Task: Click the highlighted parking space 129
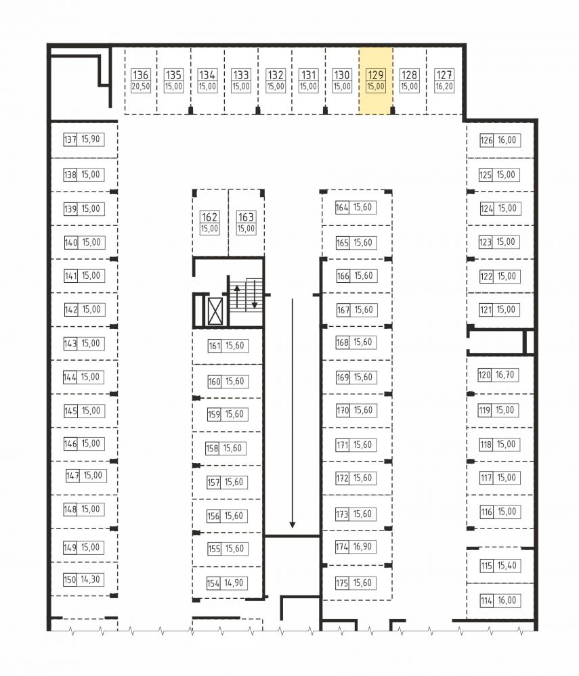click(x=376, y=81)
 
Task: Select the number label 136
click(x=141, y=75)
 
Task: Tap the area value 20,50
click(x=141, y=86)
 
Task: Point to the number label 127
click(x=444, y=75)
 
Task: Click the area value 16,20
click(x=444, y=86)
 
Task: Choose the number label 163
click(x=246, y=217)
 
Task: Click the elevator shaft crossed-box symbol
click(x=215, y=311)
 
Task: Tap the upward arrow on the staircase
click(x=236, y=296)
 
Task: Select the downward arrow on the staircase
click(x=255, y=294)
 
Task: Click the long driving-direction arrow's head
click(x=293, y=524)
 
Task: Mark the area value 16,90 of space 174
click(x=362, y=547)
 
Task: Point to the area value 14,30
click(x=90, y=579)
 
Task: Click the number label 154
click(x=213, y=583)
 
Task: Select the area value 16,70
click(x=505, y=375)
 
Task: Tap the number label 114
click(x=486, y=600)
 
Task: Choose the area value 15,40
click(x=507, y=565)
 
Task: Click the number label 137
click(x=70, y=139)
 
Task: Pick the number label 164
click(x=342, y=207)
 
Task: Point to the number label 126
click(x=486, y=140)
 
